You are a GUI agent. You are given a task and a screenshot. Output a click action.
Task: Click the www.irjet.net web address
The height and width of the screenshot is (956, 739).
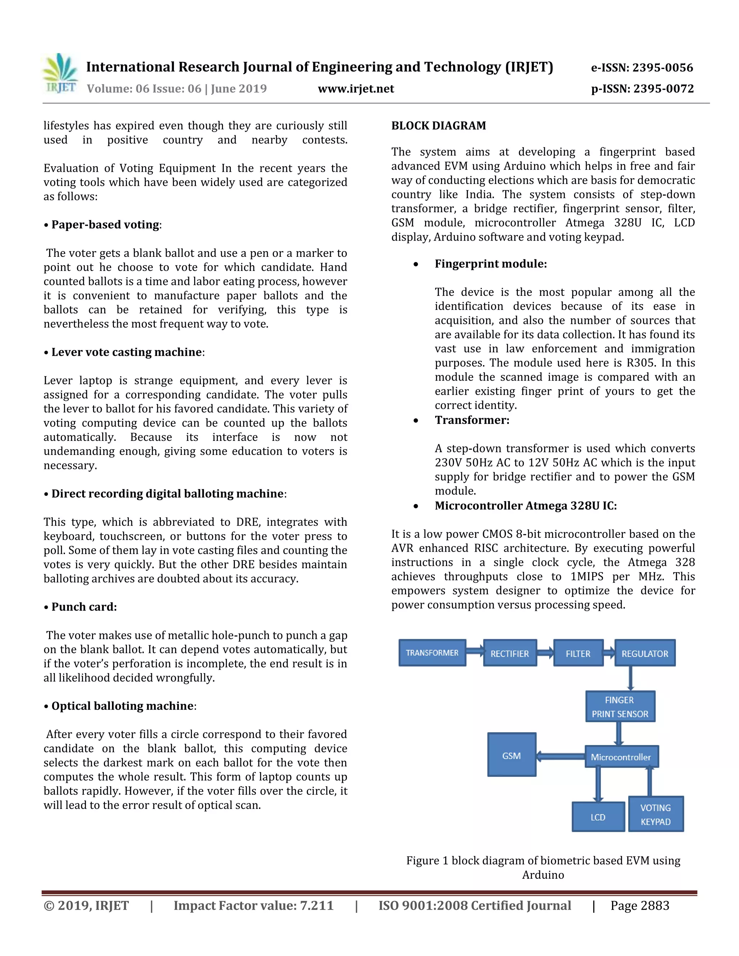[355, 89]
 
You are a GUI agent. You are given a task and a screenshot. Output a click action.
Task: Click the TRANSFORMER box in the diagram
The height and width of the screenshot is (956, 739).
[432, 653]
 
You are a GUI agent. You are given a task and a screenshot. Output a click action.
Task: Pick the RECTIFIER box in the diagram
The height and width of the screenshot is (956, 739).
[510, 653]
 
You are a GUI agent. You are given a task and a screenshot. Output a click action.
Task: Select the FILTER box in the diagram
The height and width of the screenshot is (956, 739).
[578, 653]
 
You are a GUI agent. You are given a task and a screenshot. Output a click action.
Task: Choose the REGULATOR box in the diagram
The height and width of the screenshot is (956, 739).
[644, 653]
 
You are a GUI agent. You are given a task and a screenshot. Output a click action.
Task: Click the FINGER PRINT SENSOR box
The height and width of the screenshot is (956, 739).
[620, 706]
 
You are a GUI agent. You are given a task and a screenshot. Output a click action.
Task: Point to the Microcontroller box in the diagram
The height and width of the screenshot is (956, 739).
[621, 757]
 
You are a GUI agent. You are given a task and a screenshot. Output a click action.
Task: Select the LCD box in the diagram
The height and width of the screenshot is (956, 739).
[598, 817]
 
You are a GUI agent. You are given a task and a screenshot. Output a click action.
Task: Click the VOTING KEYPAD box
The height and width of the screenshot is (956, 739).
[655, 815]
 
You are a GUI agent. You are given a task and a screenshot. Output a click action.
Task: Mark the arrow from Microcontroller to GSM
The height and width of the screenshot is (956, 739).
[561, 756]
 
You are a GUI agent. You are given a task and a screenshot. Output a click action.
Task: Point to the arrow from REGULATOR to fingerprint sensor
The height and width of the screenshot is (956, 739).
[630, 679]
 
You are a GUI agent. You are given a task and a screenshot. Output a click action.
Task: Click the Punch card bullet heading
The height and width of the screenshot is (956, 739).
[84, 607]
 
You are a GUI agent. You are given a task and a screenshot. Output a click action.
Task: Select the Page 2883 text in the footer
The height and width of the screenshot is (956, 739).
[640, 905]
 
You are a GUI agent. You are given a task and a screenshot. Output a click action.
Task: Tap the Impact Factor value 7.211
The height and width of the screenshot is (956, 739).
[253, 905]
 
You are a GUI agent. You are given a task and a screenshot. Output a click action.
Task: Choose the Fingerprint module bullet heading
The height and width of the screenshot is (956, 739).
[490, 264]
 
